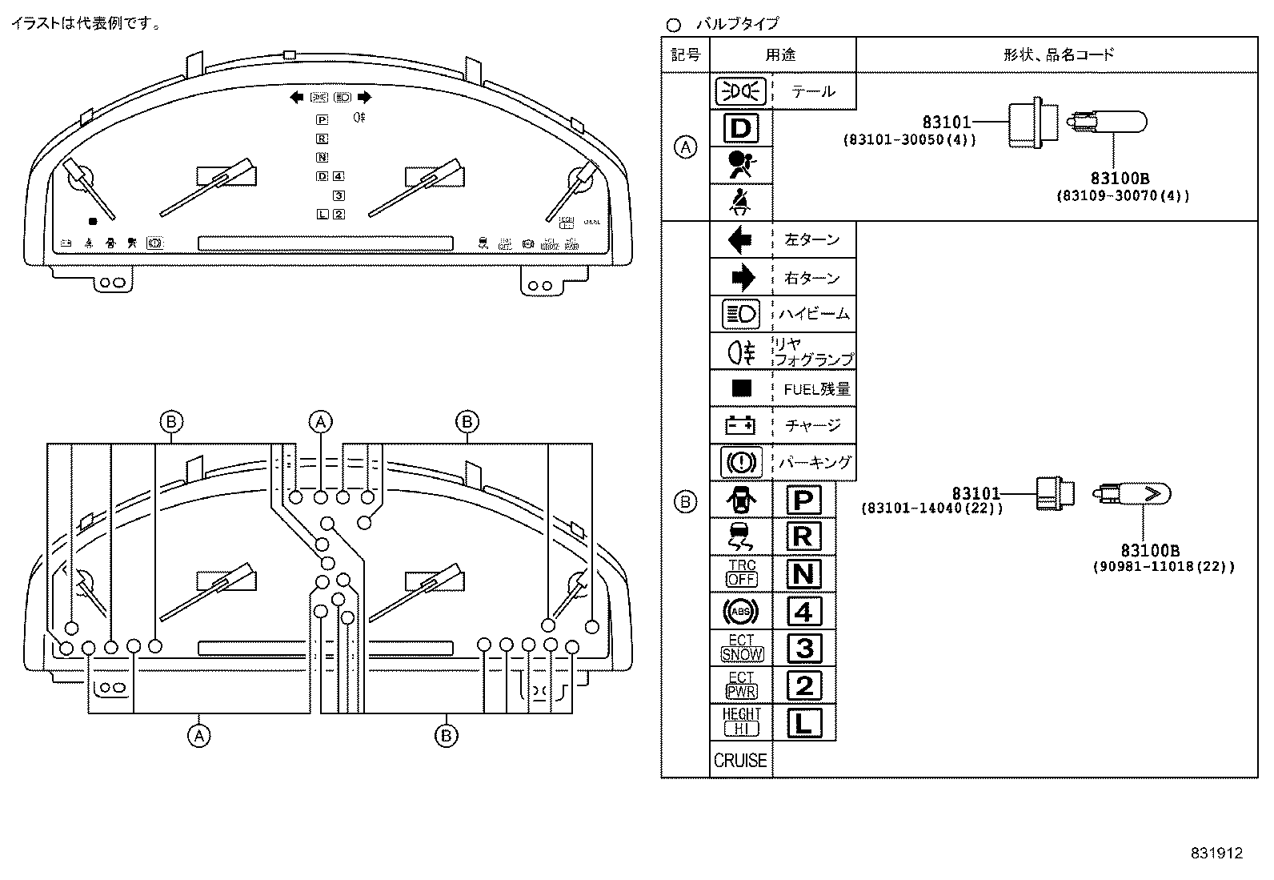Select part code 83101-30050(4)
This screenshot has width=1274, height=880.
tap(909, 139)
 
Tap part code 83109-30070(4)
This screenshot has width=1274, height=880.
tap(1122, 195)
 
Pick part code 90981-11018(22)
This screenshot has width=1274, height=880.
tap(1164, 566)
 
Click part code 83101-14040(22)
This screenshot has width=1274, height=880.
tap(931, 508)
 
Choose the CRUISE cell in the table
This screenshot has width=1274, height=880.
tap(740, 761)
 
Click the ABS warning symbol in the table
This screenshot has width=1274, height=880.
tap(740, 612)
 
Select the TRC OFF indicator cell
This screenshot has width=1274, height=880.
tap(741, 573)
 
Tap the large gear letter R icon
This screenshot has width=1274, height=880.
tap(803, 536)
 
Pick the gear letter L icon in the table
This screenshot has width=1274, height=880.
tap(803, 723)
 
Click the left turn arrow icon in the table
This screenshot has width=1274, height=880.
tap(741, 240)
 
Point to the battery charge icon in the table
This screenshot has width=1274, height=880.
tap(740, 424)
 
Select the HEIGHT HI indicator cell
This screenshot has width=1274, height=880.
tap(741, 722)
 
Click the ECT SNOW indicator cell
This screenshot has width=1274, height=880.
tap(741, 648)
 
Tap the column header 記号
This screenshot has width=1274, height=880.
tap(685, 54)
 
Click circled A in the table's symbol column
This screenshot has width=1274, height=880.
tap(686, 147)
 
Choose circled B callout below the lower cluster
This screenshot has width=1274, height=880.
tap(446, 735)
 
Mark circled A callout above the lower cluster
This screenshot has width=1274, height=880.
tap(320, 422)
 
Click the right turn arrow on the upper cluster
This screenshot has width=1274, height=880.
tap(364, 98)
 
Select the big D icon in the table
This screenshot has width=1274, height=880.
tap(741, 128)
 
